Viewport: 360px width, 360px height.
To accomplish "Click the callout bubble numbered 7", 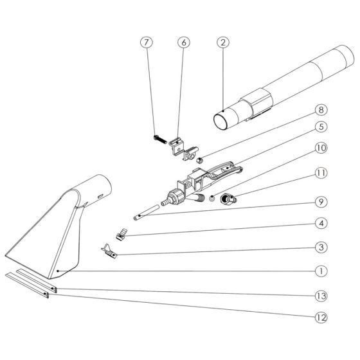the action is (x=147, y=42).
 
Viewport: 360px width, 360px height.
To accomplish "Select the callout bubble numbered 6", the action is (x=184, y=42).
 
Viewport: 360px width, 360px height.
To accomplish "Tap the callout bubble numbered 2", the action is (x=222, y=42).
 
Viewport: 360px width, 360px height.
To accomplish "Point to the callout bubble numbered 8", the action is (x=321, y=109).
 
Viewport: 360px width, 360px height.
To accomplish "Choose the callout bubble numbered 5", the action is (x=321, y=127).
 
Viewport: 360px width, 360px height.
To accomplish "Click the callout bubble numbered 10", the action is (x=321, y=148).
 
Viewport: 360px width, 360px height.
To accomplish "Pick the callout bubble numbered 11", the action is (x=321, y=173).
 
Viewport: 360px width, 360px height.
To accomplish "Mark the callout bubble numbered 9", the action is (x=321, y=202).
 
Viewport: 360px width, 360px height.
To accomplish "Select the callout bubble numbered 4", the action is (x=321, y=223).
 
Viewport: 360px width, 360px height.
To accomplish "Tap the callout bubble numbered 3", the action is (x=321, y=248).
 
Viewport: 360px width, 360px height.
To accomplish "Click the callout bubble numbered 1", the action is (x=321, y=271).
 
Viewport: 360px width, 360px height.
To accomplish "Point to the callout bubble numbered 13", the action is (x=321, y=296).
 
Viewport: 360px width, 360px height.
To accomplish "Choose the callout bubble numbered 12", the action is (x=321, y=318).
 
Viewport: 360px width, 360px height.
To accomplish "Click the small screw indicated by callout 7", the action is (x=160, y=139).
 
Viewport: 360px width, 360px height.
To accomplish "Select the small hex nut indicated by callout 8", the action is (x=199, y=160).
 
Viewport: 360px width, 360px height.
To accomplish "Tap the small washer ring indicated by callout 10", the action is (x=212, y=198).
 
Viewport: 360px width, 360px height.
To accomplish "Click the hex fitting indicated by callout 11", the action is (x=228, y=199).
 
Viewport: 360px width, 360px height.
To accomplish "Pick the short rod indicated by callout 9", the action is (x=147, y=212).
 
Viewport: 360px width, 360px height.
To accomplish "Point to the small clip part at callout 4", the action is (x=122, y=234).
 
